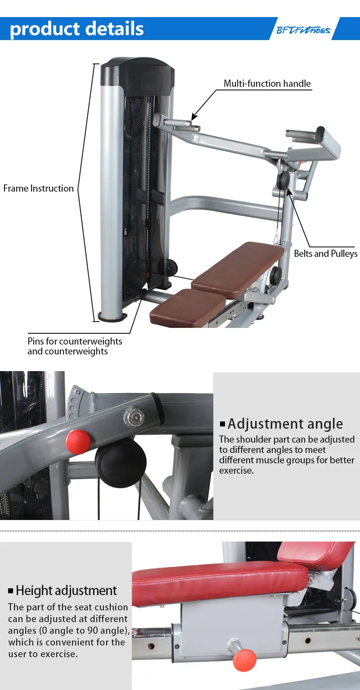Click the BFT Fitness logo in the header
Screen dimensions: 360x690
pos(303,30)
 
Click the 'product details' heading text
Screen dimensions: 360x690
pos(77,29)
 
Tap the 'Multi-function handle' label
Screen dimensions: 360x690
pos(267,84)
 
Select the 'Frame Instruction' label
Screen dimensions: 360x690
pos(39,188)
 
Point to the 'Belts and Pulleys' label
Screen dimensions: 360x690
pos(325,254)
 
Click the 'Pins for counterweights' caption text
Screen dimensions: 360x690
pos(75,341)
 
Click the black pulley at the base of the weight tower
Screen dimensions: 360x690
pos(167,267)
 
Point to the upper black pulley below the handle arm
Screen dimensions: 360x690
pos(283,180)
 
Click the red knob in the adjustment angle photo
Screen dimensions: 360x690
pos(78,442)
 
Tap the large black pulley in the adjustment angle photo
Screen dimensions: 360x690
pos(121,462)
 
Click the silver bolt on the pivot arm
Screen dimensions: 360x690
pos(134,416)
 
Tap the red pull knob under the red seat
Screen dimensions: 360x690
pos(244,659)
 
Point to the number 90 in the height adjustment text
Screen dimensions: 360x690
pos(92,631)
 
